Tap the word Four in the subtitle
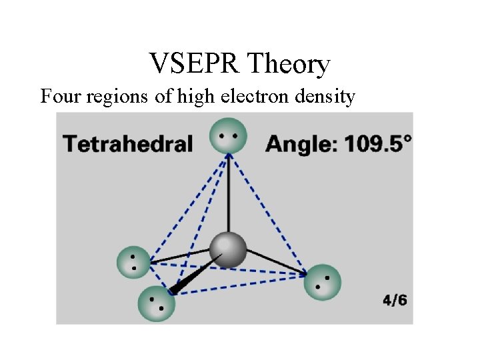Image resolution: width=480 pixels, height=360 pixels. [59, 97]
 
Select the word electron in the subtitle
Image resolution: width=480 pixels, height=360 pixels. [261, 97]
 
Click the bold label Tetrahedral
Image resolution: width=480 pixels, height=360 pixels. [127, 144]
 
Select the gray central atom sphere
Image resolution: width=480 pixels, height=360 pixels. [228, 250]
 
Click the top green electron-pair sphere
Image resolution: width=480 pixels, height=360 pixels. [228, 135]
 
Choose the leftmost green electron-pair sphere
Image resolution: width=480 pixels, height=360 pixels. [135, 262]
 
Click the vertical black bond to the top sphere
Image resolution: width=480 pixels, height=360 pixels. [228, 193]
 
